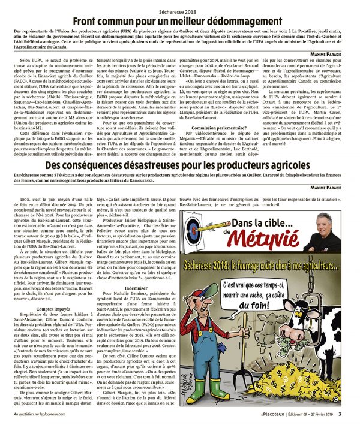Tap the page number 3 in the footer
click(340, 414)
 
